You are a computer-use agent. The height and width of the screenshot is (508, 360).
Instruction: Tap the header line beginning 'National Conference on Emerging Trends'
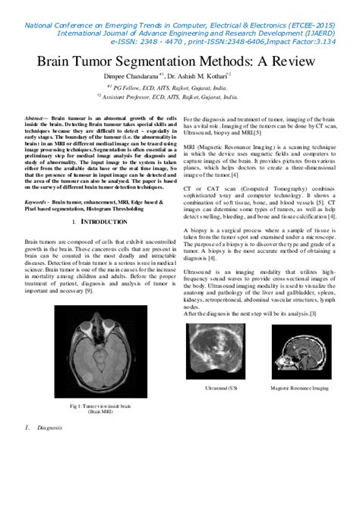tap(180, 25)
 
